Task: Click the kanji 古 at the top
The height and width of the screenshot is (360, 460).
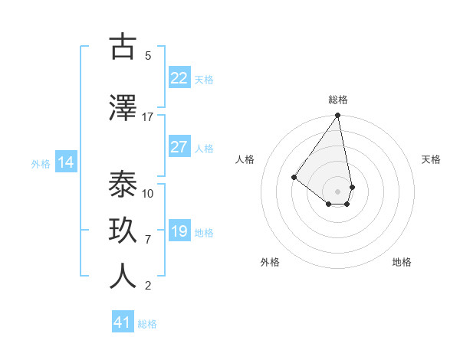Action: [x=123, y=47]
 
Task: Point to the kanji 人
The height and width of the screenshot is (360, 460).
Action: [x=123, y=277]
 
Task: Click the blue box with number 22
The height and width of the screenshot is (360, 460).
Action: [x=179, y=78]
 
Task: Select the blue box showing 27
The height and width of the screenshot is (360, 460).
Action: [x=179, y=147]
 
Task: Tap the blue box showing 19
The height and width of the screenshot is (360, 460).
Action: [x=179, y=231]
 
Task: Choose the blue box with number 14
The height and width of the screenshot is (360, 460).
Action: [x=66, y=162]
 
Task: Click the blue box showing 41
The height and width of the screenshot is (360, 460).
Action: [x=123, y=322]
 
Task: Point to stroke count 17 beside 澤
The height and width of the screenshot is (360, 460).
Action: [x=148, y=117]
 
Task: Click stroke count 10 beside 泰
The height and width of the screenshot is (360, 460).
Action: [x=148, y=194]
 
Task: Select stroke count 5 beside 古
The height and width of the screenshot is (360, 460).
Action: [x=148, y=56]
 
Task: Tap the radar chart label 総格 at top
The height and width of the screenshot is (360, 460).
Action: [x=338, y=100]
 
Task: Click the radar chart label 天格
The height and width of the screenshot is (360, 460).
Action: [x=431, y=159]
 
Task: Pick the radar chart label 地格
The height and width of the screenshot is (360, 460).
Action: [x=402, y=262]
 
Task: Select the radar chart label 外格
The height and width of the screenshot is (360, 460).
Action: [x=270, y=262]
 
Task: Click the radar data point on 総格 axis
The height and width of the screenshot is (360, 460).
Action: [x=337, y=116]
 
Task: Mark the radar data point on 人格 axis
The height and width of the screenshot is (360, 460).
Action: [x=294, y=177]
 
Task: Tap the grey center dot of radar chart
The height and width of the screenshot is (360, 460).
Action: [x=337, y=191]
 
